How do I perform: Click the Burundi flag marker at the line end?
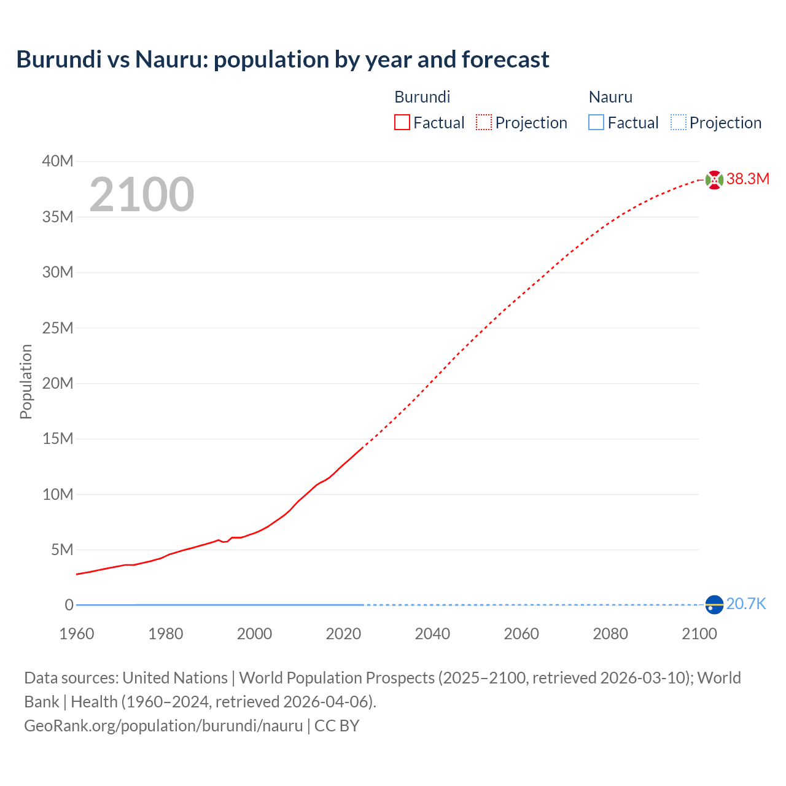pos(714,180)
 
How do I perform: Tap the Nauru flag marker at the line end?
pos(714,605)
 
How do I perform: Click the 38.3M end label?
pos(747,179)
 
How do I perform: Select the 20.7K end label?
pos(746,604)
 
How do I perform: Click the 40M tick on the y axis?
pos(58,161)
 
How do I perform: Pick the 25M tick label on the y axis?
pos(58,328)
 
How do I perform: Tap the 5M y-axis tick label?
pos(61,550)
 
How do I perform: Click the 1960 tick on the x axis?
pos(77,634)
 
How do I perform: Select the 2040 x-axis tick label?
pos(432,634)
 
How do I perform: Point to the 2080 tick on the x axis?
pos(610,634)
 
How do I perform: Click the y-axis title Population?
pos(26,381)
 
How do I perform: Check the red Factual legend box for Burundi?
pos(402,123)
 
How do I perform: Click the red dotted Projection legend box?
pos(484,123)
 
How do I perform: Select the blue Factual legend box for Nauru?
pos(596,123)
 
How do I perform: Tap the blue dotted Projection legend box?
pos(678,123)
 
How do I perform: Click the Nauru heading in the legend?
pos(610,97)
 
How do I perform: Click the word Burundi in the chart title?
pos(59,60)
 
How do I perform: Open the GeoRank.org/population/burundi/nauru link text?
pos(163,726)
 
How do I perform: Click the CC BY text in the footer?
pos(337,726)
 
